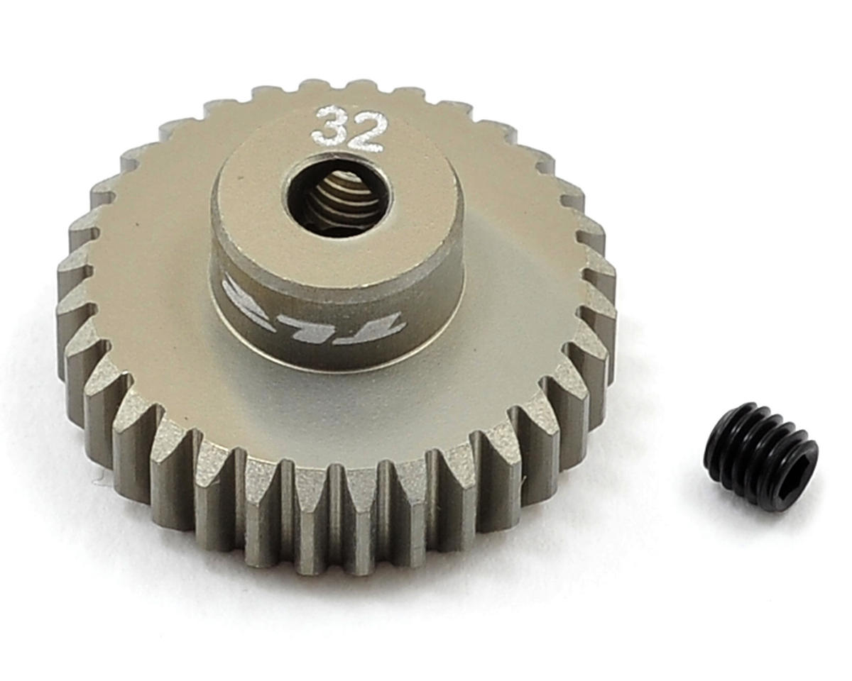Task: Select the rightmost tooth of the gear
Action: tap(603, 312)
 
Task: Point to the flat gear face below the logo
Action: tap(319, 411)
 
